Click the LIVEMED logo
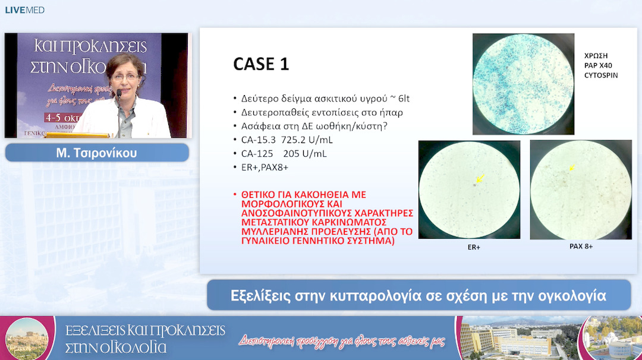(x=24, y=10)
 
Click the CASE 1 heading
(x=261, y=64)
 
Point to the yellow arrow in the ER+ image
(x=479, y=178)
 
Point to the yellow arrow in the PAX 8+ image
(x=573, y=168)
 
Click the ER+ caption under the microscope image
(x=470, y=247)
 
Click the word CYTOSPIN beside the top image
(x=602, y=75)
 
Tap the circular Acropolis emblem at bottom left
(x=27, y=337)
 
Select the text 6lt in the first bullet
(x=402, y=98)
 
